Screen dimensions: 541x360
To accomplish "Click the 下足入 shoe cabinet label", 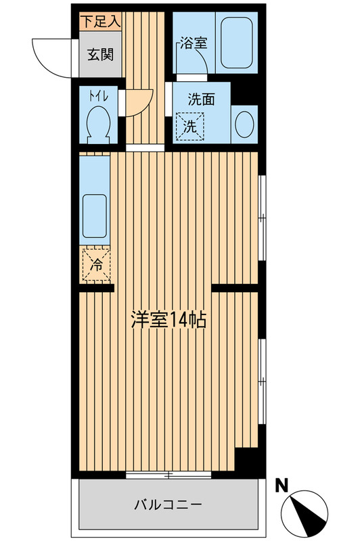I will [x=100, y=21].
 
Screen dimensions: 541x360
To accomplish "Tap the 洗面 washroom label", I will [x=202, y=98].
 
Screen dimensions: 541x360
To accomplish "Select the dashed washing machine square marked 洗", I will [x=190, y=125].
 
